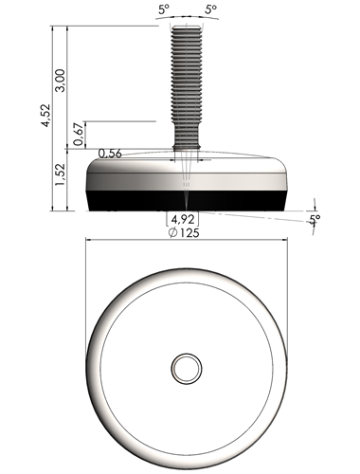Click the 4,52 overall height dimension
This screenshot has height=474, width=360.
[x=46, y=116]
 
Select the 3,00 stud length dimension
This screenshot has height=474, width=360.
[x=60, y=81]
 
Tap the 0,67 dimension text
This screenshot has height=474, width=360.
[x=79, y=134]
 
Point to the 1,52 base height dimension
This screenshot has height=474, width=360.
[x=60, y=174]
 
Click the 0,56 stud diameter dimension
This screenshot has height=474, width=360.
[x=110, y=154]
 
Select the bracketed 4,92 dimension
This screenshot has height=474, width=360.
[x=183, y=219]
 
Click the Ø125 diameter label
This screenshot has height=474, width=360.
[x=184, y=233]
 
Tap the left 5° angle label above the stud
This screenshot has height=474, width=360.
[x=164, y=9]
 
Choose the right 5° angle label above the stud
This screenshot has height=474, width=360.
[x=210, y=9]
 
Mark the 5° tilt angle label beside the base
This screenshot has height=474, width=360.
[x=315, y=219]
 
